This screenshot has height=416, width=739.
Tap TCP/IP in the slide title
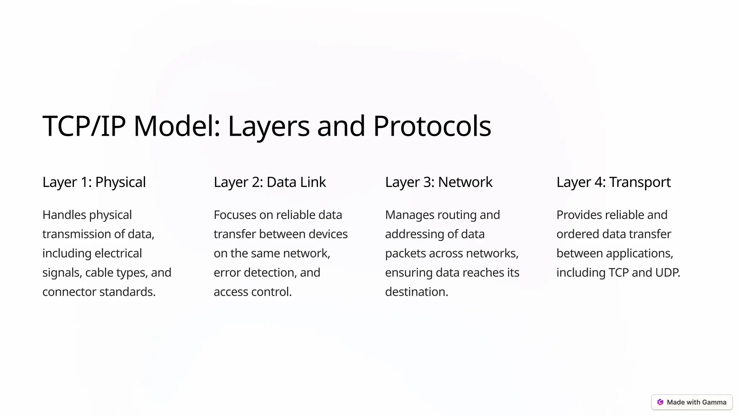84,126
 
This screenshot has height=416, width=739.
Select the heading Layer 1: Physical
94,182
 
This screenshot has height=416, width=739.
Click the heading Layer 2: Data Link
270,182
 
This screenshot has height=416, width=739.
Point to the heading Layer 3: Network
438,182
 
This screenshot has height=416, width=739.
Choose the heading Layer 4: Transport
613,182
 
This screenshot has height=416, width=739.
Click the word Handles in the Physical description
64,215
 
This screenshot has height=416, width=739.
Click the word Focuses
235,215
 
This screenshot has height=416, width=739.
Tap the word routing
457,215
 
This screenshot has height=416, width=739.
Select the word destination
416,292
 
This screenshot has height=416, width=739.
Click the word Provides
579,215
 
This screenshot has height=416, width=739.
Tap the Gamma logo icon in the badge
660,402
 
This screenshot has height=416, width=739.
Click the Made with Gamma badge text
696,402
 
